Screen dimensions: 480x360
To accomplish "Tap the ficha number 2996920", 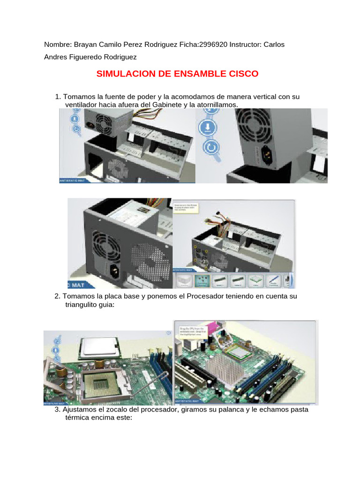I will pyautogui.click(x=213, y=45).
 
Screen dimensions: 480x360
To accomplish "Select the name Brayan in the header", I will pyautogui.click(x=87, y=45).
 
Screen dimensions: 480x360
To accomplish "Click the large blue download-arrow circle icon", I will pyautogui.click(x=206, y=127).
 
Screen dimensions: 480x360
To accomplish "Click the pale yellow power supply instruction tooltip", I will pyautogui.click(x=187, y=208).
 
